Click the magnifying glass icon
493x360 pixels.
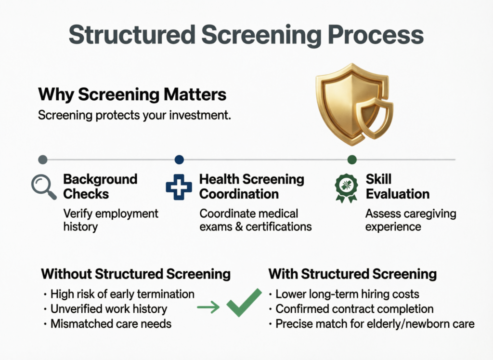pyautogui.click(x=43, y=187)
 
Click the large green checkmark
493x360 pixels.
pyautogui.click(x=244, y=303)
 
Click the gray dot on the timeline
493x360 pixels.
pyautogui.click(x=42, y=160)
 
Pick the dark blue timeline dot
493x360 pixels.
pyautogui.click(x=179, y=160)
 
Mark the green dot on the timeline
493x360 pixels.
pyautogui.click(x=352, y=160)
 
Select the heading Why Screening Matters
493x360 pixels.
pyautogui.click(x=132, y=94)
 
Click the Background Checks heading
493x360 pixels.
pyautogui.click(x=100, y=187)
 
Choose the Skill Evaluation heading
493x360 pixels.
pyautogui.click(x=397, y=187)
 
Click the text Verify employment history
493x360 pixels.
pyautogui.click(x=111, y=219)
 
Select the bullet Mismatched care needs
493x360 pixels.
pyautogui.click(x=110, y=323)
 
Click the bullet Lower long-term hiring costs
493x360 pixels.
pyautogui.click(x=347, y=294)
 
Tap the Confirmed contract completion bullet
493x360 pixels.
pyautogui.click(x=354, y=308)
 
